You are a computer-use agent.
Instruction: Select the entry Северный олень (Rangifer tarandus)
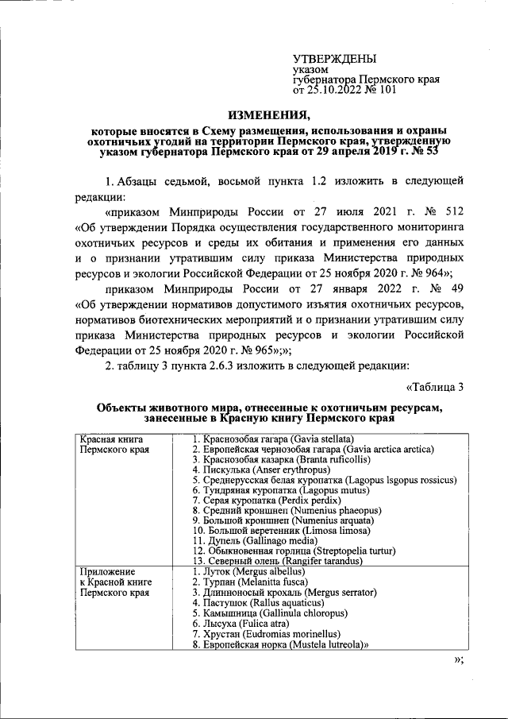[272, 562]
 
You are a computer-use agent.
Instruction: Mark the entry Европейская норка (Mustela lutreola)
[283, 645]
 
